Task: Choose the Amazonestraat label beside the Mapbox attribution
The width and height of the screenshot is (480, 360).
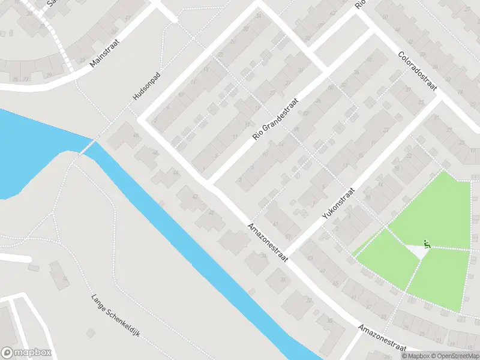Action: coord(382,338)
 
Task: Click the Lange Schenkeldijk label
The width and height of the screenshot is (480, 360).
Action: coord(115,314)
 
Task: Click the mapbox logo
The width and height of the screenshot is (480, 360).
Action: coord(26,353)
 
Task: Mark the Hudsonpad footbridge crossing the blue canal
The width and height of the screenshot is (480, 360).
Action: coord(88,146)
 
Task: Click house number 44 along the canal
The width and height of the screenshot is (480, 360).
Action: coord(175,172)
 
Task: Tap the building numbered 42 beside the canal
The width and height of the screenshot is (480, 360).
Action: coord(194,196)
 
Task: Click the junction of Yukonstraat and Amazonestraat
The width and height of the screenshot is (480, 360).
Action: coord(286,254)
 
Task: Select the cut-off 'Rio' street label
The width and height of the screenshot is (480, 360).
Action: coord(360,4)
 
